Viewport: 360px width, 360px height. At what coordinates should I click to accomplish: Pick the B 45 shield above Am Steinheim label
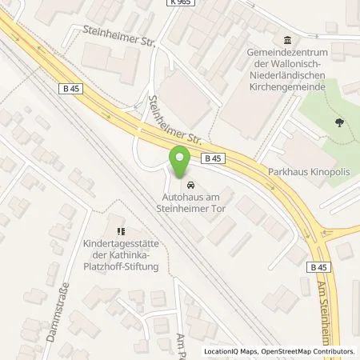(x=318, y=267)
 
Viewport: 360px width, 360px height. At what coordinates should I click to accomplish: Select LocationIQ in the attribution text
(x=222, y=351)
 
